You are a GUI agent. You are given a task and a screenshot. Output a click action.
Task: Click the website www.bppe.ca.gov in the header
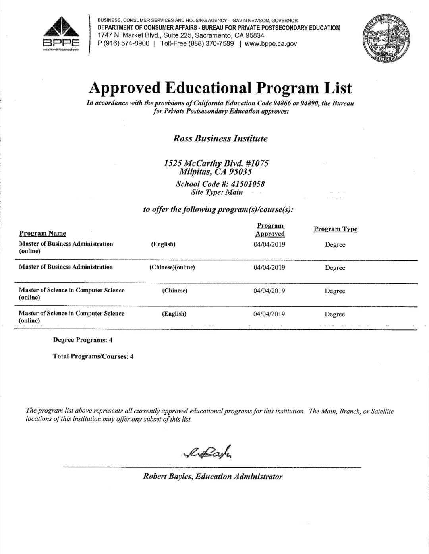(271, 44)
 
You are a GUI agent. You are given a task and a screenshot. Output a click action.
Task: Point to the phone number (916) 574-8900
(127, 44)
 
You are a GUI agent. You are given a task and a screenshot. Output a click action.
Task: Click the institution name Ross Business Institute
(220, 139)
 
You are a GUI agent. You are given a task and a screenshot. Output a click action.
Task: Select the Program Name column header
(43, 233)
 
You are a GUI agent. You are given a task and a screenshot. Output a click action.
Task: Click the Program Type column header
(335, 229)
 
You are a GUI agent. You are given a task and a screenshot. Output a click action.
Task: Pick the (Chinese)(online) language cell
(172, 267)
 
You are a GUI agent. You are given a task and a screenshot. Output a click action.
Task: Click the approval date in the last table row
(269, 314)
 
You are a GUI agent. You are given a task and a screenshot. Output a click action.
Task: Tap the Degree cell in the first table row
(335, 245)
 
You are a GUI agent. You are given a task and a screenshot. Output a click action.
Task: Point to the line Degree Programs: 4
(83, 340)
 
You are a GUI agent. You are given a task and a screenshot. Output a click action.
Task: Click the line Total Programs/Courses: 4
(93, 356)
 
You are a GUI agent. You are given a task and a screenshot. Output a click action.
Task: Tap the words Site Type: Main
(217, 192)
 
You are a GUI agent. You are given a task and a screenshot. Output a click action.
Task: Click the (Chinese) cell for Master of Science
(175, 291)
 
